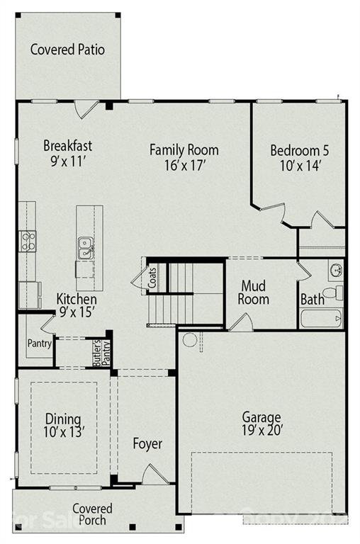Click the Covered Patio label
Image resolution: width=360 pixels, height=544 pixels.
tap(67, 50)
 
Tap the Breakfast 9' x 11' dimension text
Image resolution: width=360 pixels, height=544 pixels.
tap(68, 161)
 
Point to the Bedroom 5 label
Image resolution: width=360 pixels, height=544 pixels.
tap(299, 150)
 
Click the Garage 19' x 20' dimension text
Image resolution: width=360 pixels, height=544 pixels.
tap(261, 431)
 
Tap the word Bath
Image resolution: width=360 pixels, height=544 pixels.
tap(312, 300)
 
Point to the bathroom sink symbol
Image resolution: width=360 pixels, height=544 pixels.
tap(335, 269)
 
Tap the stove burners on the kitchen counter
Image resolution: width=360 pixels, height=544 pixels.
tap(28, 242)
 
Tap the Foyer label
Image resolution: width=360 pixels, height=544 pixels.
tap(147, 444)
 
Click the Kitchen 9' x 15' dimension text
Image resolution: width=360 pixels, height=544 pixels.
tap(77, 310)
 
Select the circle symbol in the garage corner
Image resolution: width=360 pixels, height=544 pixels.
tap(189, 339)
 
